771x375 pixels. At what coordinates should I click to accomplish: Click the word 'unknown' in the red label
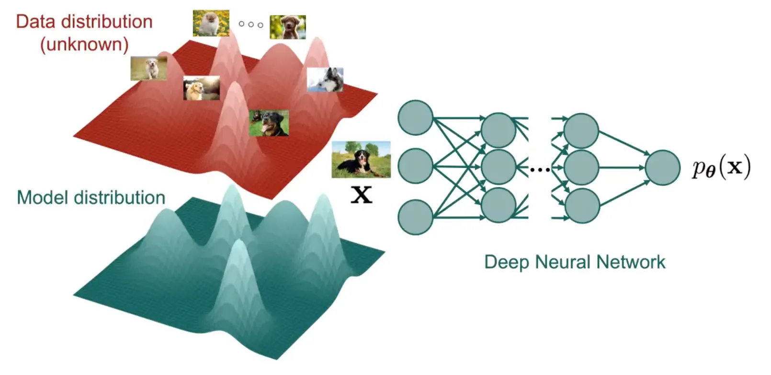tap(85, 45)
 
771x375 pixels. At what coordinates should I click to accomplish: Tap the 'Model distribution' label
tap(91, 198)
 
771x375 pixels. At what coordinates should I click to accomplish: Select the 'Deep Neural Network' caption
tap(575, 262)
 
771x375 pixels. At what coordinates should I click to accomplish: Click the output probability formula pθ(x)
tap(721, 168)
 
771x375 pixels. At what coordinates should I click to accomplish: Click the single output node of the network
tap(663, 168)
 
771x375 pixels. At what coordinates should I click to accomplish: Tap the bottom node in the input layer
tap(416, 217)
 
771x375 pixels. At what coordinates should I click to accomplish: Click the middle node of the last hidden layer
tap(581, 168)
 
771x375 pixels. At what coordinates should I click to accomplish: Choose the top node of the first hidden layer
tap(499, 130)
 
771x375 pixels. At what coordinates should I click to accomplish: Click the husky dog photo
tap(325, 80)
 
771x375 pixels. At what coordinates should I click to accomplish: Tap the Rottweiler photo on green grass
tap(269, 123)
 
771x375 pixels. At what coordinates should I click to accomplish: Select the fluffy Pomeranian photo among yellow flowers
tap(211, 23)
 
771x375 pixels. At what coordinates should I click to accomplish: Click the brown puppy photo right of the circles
tap(287, 27)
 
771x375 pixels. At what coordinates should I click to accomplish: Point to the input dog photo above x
tap(361, 160)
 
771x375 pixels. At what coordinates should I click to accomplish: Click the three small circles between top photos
tap(250, 24)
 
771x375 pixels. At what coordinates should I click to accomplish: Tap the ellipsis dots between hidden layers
tap(540, 169)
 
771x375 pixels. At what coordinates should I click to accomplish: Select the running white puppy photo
tap(148, 69)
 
